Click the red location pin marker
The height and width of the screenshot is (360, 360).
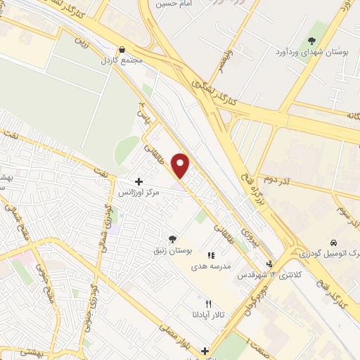[x=181, y=165]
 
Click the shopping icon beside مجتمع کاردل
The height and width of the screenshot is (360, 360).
[x=123, y=50]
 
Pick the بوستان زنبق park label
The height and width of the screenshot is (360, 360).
[x=172, y=250]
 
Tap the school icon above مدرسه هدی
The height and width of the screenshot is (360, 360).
[x=210, y=255]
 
